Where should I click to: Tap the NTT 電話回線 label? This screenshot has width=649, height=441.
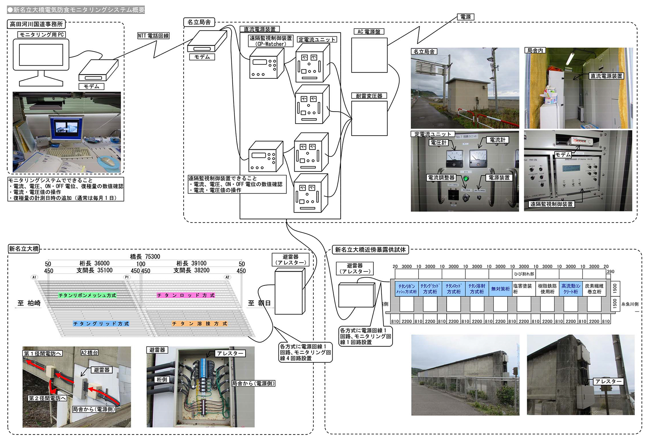pyautogui.click(x=153, y=36)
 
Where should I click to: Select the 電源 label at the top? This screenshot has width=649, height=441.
pyautogui.click(x=465, y=17)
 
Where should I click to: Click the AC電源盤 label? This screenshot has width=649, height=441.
pyautogui.click(x=369, y=31)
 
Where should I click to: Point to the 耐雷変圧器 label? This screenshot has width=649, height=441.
pyautogui.click(x=369, y=96)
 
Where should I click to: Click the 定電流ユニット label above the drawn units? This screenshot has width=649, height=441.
pyautogui.click(x=317, y=40)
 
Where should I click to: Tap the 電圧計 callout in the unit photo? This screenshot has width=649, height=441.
pyautogui.click(x=438, y=143)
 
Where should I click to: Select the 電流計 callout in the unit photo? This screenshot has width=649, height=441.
pyautogui.click(x=497, y=140)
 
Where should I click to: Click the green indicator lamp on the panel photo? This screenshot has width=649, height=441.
pyautogui.click(x=466, y=178)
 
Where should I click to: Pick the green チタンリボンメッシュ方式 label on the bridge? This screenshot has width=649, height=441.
pyautogui.click(x=87, y=295)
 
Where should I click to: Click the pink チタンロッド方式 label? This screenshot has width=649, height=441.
pyautogui.click(x=186, y=295)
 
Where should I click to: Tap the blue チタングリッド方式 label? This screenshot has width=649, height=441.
pyautogui.click(x=101, y=324)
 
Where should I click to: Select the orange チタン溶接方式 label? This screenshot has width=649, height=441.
pyautogui.click(x=199, y=324)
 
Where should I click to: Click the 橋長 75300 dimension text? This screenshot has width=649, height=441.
pyautogui.click(x=145, y=256)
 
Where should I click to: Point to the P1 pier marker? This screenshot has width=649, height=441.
pyautogui.click(x=127, y=277)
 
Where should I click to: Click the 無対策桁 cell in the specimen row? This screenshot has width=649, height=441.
pyautogui.click(x=500, y=289)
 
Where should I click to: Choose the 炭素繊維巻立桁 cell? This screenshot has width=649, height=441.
pyautogui.click(x=594, y=289)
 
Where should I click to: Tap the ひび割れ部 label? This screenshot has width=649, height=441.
pyautogui.click(x=524, y=274)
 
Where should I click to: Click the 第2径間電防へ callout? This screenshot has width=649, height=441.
pyautogui.click(x=47, y=398)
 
